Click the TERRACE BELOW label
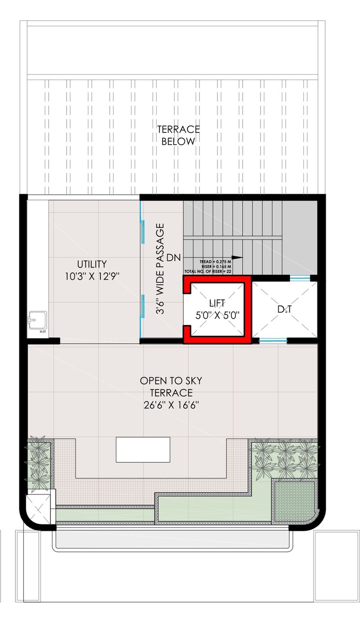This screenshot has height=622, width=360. tap(178, 135)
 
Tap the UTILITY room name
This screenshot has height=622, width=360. tap(91, 264)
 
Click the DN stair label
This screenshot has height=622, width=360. tap(173, 258)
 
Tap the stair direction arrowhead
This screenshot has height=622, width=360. tap(236, 257)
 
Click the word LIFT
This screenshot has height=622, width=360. tap(217, 304)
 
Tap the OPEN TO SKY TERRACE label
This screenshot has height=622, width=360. tap(171, 386)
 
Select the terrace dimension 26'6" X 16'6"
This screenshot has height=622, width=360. tap(171, 404)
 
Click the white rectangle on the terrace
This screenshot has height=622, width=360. tap(143, 449)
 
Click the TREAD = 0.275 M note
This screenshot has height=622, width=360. tap(215, 261)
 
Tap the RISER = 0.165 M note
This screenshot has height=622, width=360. tap(216, 266)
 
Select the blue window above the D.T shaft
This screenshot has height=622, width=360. tap(300, 278)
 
